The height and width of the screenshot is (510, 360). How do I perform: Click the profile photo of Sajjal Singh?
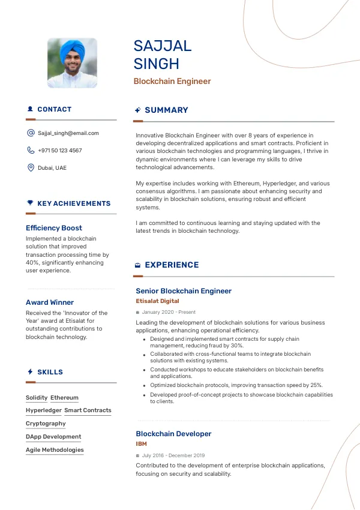coord(72,64)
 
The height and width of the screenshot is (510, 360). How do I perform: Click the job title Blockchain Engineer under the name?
coord(172,81)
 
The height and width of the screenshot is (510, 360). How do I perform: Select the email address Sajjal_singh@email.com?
coord(68,133)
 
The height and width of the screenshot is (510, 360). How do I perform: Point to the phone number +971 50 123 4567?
coord(60,151)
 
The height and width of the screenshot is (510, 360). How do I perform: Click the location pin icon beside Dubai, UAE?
coord(31,168)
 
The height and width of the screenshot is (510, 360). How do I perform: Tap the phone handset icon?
coord(31,151)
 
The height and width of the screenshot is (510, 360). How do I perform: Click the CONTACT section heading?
coord(54,109)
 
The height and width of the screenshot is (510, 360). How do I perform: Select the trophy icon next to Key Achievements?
coord(30,203)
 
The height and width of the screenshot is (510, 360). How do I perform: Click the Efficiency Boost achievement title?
coord(54,228)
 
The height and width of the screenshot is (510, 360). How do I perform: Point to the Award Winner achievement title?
coord(50,302)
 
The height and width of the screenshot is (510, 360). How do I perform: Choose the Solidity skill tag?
coord(37,398)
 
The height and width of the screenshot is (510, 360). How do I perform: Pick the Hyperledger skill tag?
coord(44,410)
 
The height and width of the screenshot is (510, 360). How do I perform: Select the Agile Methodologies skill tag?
coord(55,450)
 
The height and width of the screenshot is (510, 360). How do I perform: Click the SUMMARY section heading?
coord(166,110)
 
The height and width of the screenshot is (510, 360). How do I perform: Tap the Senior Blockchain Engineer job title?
coord(184,291)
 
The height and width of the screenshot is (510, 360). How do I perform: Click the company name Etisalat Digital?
coord(157,301)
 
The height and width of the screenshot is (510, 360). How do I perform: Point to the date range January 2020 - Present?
coord(169,312)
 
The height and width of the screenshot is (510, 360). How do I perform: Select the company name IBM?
coord(141,444)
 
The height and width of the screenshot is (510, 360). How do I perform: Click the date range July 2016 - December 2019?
coord(173,455)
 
